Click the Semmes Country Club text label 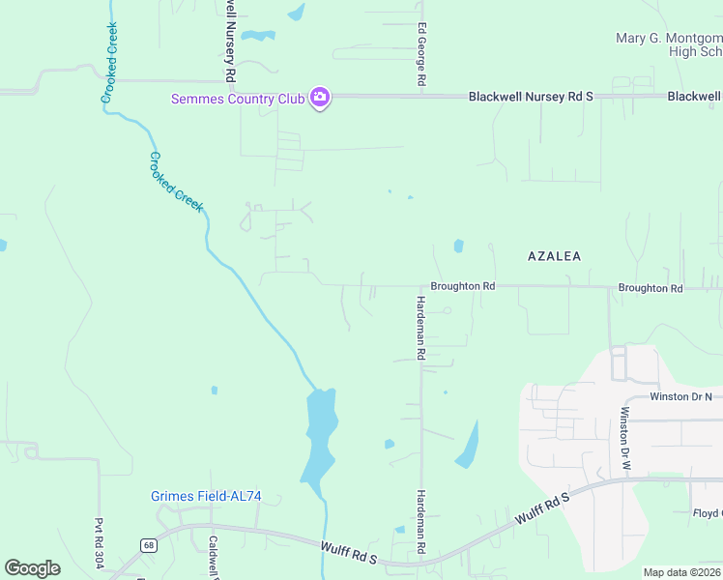pos(238,98)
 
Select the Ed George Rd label pos(421,57)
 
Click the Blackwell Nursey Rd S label pos(530,97)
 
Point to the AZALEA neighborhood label pos(555,256)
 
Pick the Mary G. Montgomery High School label pos(669,44)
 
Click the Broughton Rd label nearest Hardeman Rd pos(462,286)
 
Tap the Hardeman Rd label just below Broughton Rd pos(420,329)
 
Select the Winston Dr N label pos(680,396)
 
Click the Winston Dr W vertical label pos(624,439)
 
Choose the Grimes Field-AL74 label pos(206,497)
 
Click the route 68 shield pos(147,544)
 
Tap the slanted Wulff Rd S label pos(543,507)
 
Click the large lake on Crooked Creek pos(319,435)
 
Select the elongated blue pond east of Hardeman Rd pos(468,446)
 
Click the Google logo pos(32,568)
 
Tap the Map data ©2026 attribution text pos(682,572)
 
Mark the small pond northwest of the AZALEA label pos(458,246)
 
